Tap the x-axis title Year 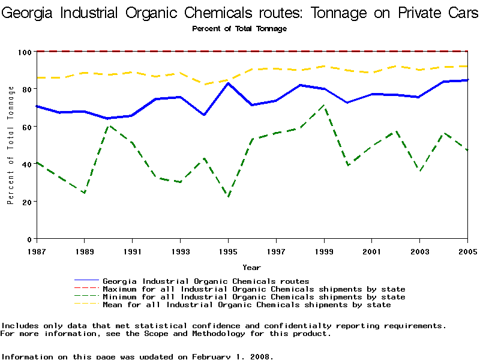pyautogui.click(x=251, y=267)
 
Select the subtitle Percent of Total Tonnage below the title pyautogui.click(x=239, y=29)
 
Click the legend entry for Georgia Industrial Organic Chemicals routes pyautogui.click(x=206, y=281)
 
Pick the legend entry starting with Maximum pyautogui.click(x=254, y=289)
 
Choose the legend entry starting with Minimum pyautogui.click(x=254, y=297)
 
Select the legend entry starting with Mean pyautogui.click(x=247, y=305)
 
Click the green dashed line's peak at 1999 pyautogui.click(x=324, y=106)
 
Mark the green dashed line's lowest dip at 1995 pyautogui.click(x=228, y=197)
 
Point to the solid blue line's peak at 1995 pyautogui.click(x=228, y=83)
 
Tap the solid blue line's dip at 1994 pyautogui.click(x=204, y=115)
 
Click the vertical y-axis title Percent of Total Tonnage pyautogui.click(x=11, y=145)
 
